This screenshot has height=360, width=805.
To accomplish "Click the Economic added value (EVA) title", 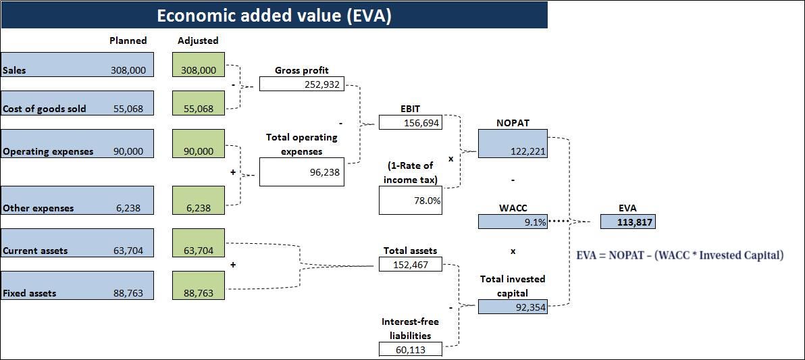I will [274, 15].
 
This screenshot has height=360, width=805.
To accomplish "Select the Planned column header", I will [128, 41].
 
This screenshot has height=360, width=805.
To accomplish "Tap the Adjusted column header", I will [198, 41].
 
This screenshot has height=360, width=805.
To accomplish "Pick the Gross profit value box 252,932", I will [301, 84].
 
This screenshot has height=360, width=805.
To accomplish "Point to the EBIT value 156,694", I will [410, 122].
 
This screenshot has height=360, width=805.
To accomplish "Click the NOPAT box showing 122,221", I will [513, 144].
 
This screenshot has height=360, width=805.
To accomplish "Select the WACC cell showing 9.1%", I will [513, 222].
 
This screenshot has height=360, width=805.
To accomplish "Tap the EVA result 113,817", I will [627, 222].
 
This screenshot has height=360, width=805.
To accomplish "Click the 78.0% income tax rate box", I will [411, 201].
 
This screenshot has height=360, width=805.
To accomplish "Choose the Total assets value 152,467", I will [411, 264].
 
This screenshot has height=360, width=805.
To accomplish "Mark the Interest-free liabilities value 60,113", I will [411, 349].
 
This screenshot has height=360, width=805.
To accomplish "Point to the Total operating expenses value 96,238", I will [301, 172].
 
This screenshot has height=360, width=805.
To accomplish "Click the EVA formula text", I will [680, 255].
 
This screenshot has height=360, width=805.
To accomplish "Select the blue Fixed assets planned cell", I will [77, 285].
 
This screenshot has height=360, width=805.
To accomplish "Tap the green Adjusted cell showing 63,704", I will [199, 242].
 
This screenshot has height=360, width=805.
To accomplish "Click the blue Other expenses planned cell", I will [77, 200].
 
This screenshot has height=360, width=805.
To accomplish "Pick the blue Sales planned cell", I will [77, 64].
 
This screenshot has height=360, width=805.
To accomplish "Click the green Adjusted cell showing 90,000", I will [199, 143].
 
